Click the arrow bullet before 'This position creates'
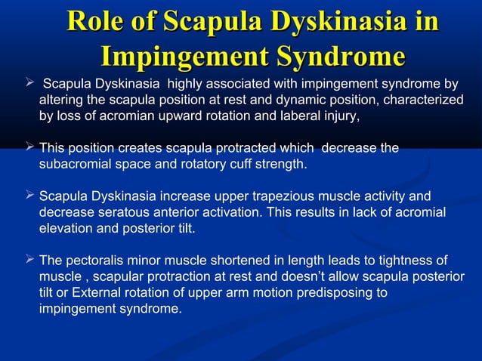(x=29, y=148)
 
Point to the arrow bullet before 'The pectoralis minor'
(x=29, y=261)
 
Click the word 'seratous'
(x=123, y=212)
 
